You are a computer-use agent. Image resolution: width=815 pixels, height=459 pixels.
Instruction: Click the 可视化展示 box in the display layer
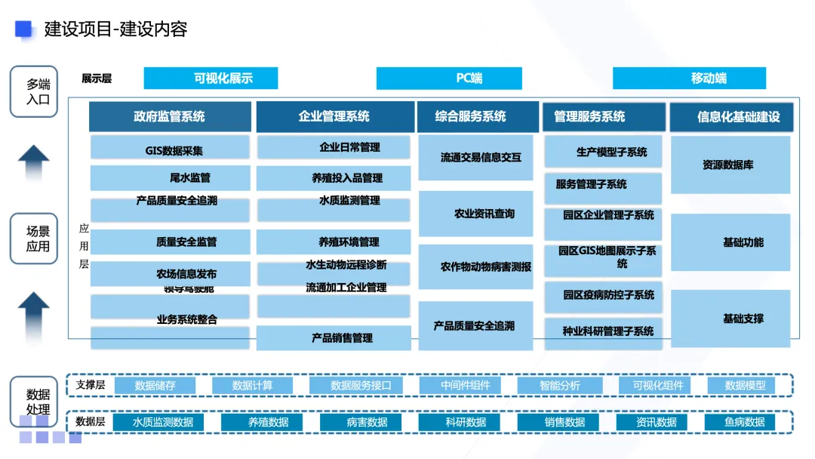(x=211, y=78)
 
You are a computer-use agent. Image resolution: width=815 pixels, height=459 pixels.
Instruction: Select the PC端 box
(x=449, y=79)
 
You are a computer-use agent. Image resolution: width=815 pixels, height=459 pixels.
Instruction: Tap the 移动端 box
(x=689, y=78)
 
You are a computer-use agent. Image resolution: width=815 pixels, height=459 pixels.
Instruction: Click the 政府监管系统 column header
(x=170, y=117)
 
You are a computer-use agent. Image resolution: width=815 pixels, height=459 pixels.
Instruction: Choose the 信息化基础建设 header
(x=730, y=117)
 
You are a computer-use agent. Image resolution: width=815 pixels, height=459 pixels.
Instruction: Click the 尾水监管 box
(x=170, y=178)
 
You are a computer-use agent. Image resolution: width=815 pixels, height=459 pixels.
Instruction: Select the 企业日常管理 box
(x=334, y=147)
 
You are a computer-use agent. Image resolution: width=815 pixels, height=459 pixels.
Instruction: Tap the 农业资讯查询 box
(x=475, y=214)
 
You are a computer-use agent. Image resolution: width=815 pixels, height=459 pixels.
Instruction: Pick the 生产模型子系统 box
(x=603, y=152)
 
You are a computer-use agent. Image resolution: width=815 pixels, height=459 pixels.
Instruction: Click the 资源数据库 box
(x=730, y=165)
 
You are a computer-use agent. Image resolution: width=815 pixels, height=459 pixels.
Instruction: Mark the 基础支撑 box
(x=730, y=319)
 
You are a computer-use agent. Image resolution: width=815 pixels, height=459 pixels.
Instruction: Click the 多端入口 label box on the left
(x=34, y=91)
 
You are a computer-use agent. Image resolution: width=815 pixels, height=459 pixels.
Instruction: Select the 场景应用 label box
(x=34, y=239)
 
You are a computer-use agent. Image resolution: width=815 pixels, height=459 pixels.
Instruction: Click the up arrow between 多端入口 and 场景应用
(x=34, y=162)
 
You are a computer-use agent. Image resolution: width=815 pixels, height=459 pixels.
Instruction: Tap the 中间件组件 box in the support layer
(x=465, y=386)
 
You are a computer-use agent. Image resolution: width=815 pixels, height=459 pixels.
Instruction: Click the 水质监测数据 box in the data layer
(x=162, y=422)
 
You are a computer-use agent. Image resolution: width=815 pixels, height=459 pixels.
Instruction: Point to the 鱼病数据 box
(x=744, y=422)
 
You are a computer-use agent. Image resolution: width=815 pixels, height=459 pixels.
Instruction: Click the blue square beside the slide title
(x=24, y=29)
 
